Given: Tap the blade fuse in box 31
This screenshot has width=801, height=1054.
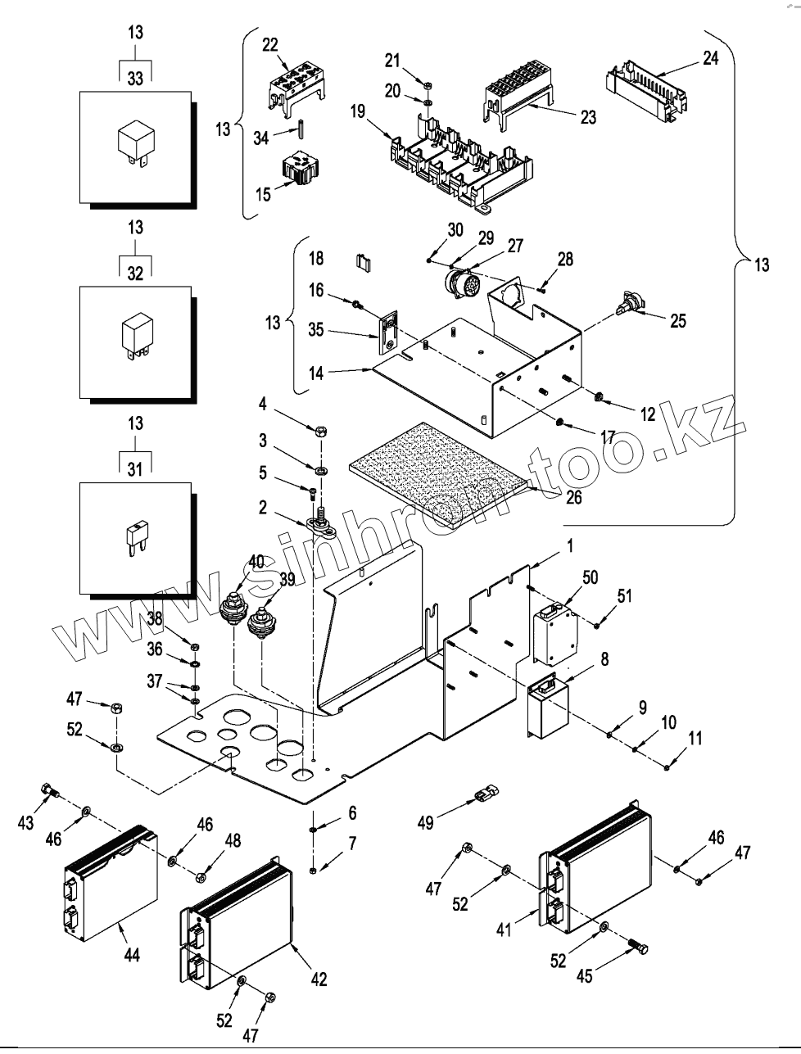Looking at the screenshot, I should (x=135, y=536).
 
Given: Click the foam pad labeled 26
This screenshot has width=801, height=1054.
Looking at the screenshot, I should (x=442, y=473).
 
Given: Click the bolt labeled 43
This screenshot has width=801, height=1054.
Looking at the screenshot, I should (x=48, y=791).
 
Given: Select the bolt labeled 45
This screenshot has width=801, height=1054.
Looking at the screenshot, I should (x=636, y=948).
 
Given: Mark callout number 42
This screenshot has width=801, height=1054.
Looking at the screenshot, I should (x=319, y=978).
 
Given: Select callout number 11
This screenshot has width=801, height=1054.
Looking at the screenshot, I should (x=695, y=738).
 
